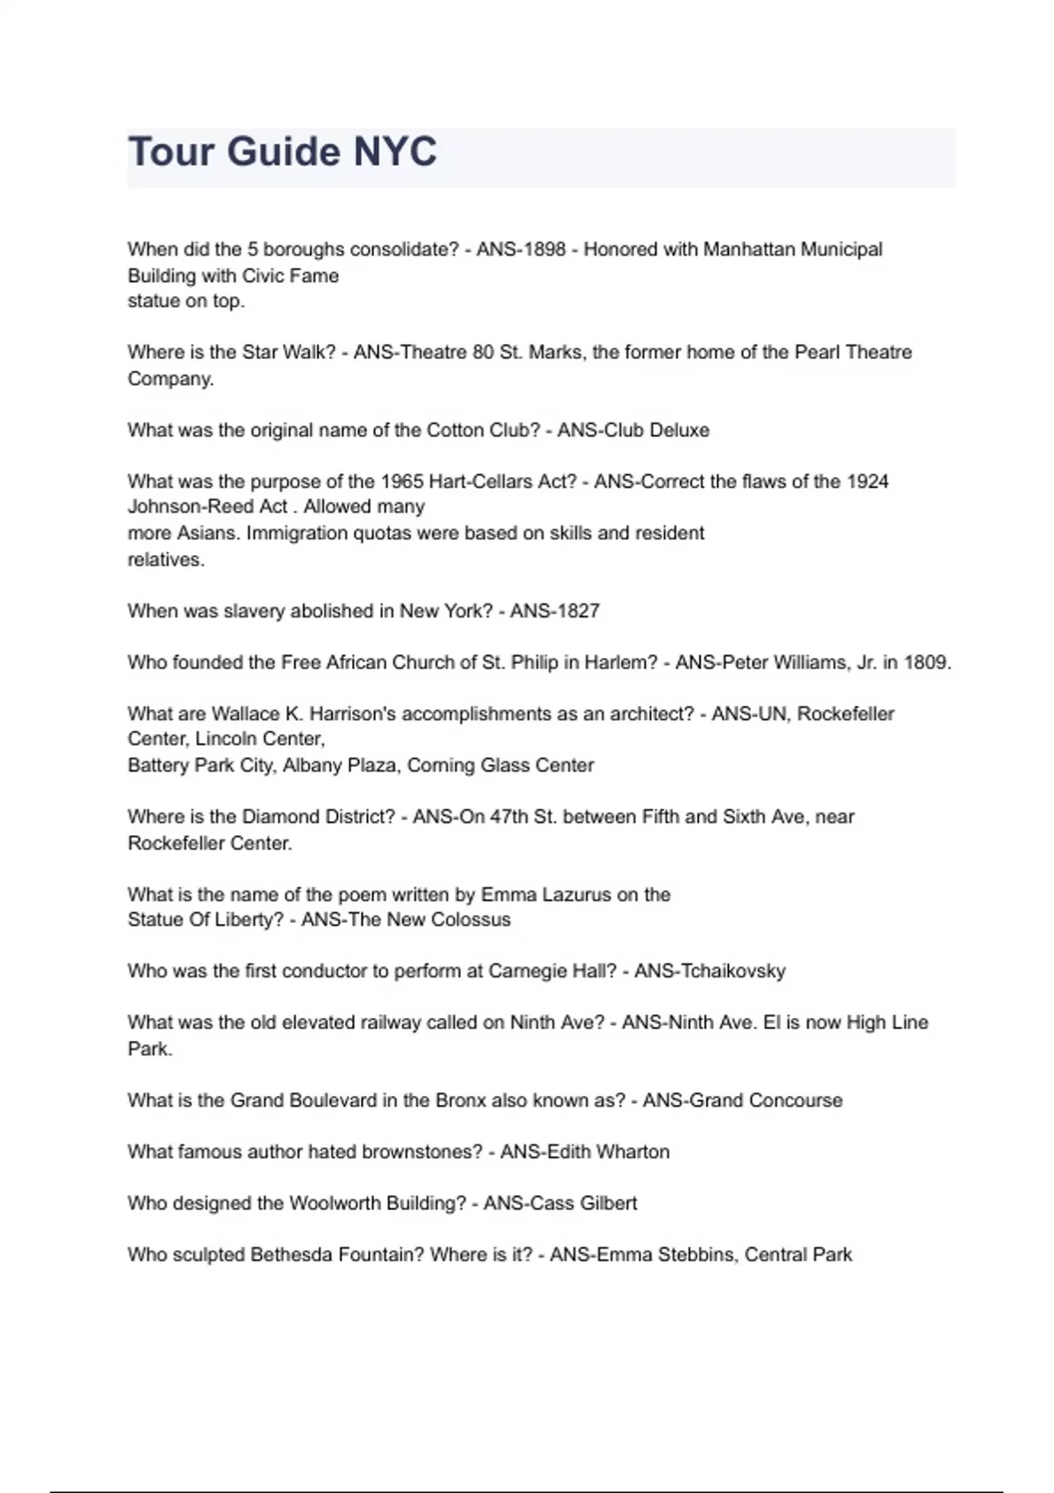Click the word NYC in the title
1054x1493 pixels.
(x=394, y=152)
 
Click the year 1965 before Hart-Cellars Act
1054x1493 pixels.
(x=401, y=481)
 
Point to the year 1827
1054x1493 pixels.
(x=579, y=611)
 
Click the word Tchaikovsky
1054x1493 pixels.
(x=733, y=971)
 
